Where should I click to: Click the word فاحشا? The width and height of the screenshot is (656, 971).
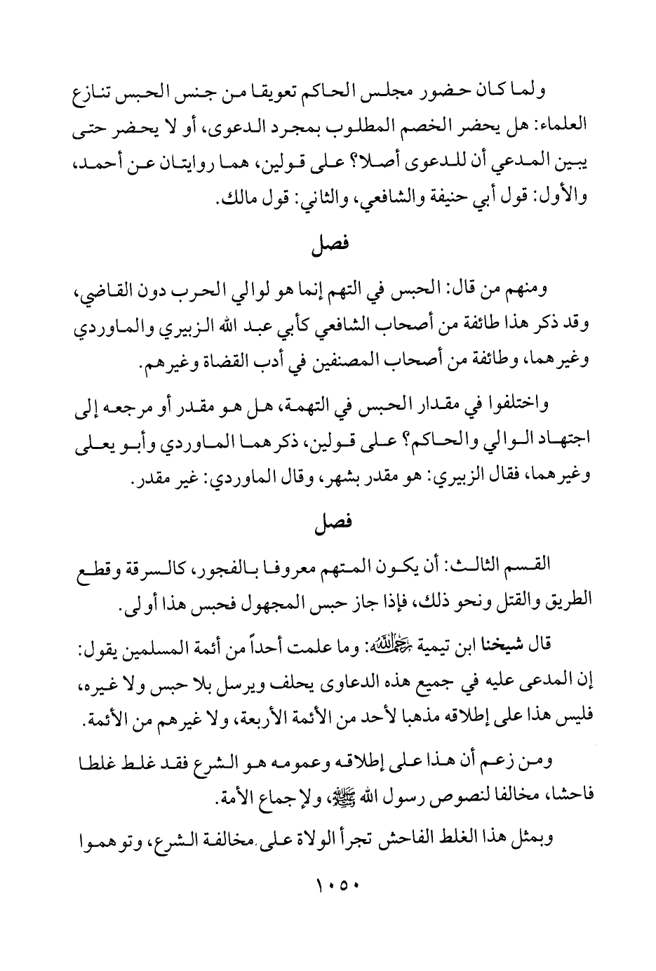coord(573,797)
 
